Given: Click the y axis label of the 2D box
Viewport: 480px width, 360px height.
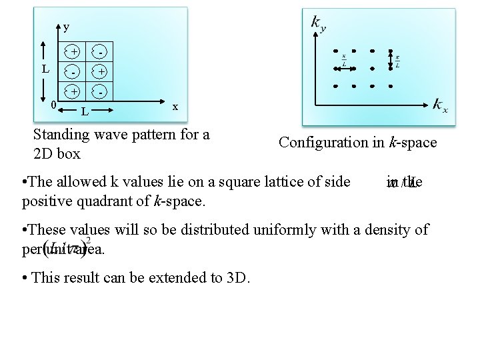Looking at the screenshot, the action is click(65, 27).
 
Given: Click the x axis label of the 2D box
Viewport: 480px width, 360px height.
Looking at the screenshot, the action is click(175, 106).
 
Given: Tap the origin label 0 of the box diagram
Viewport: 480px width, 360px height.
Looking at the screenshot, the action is click(53, 103).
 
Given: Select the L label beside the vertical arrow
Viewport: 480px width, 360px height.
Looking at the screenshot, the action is click(45, 69).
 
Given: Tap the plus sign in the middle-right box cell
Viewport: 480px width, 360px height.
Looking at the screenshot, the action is click(100, 71).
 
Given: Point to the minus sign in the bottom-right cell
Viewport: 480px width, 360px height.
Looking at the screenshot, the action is click(99, 91).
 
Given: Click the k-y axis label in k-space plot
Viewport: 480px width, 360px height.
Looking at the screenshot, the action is click(318, 23).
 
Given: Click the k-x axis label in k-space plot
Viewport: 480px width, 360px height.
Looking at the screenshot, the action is click(440, 104).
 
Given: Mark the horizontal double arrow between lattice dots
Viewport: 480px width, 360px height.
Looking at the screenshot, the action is click(345, 68).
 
